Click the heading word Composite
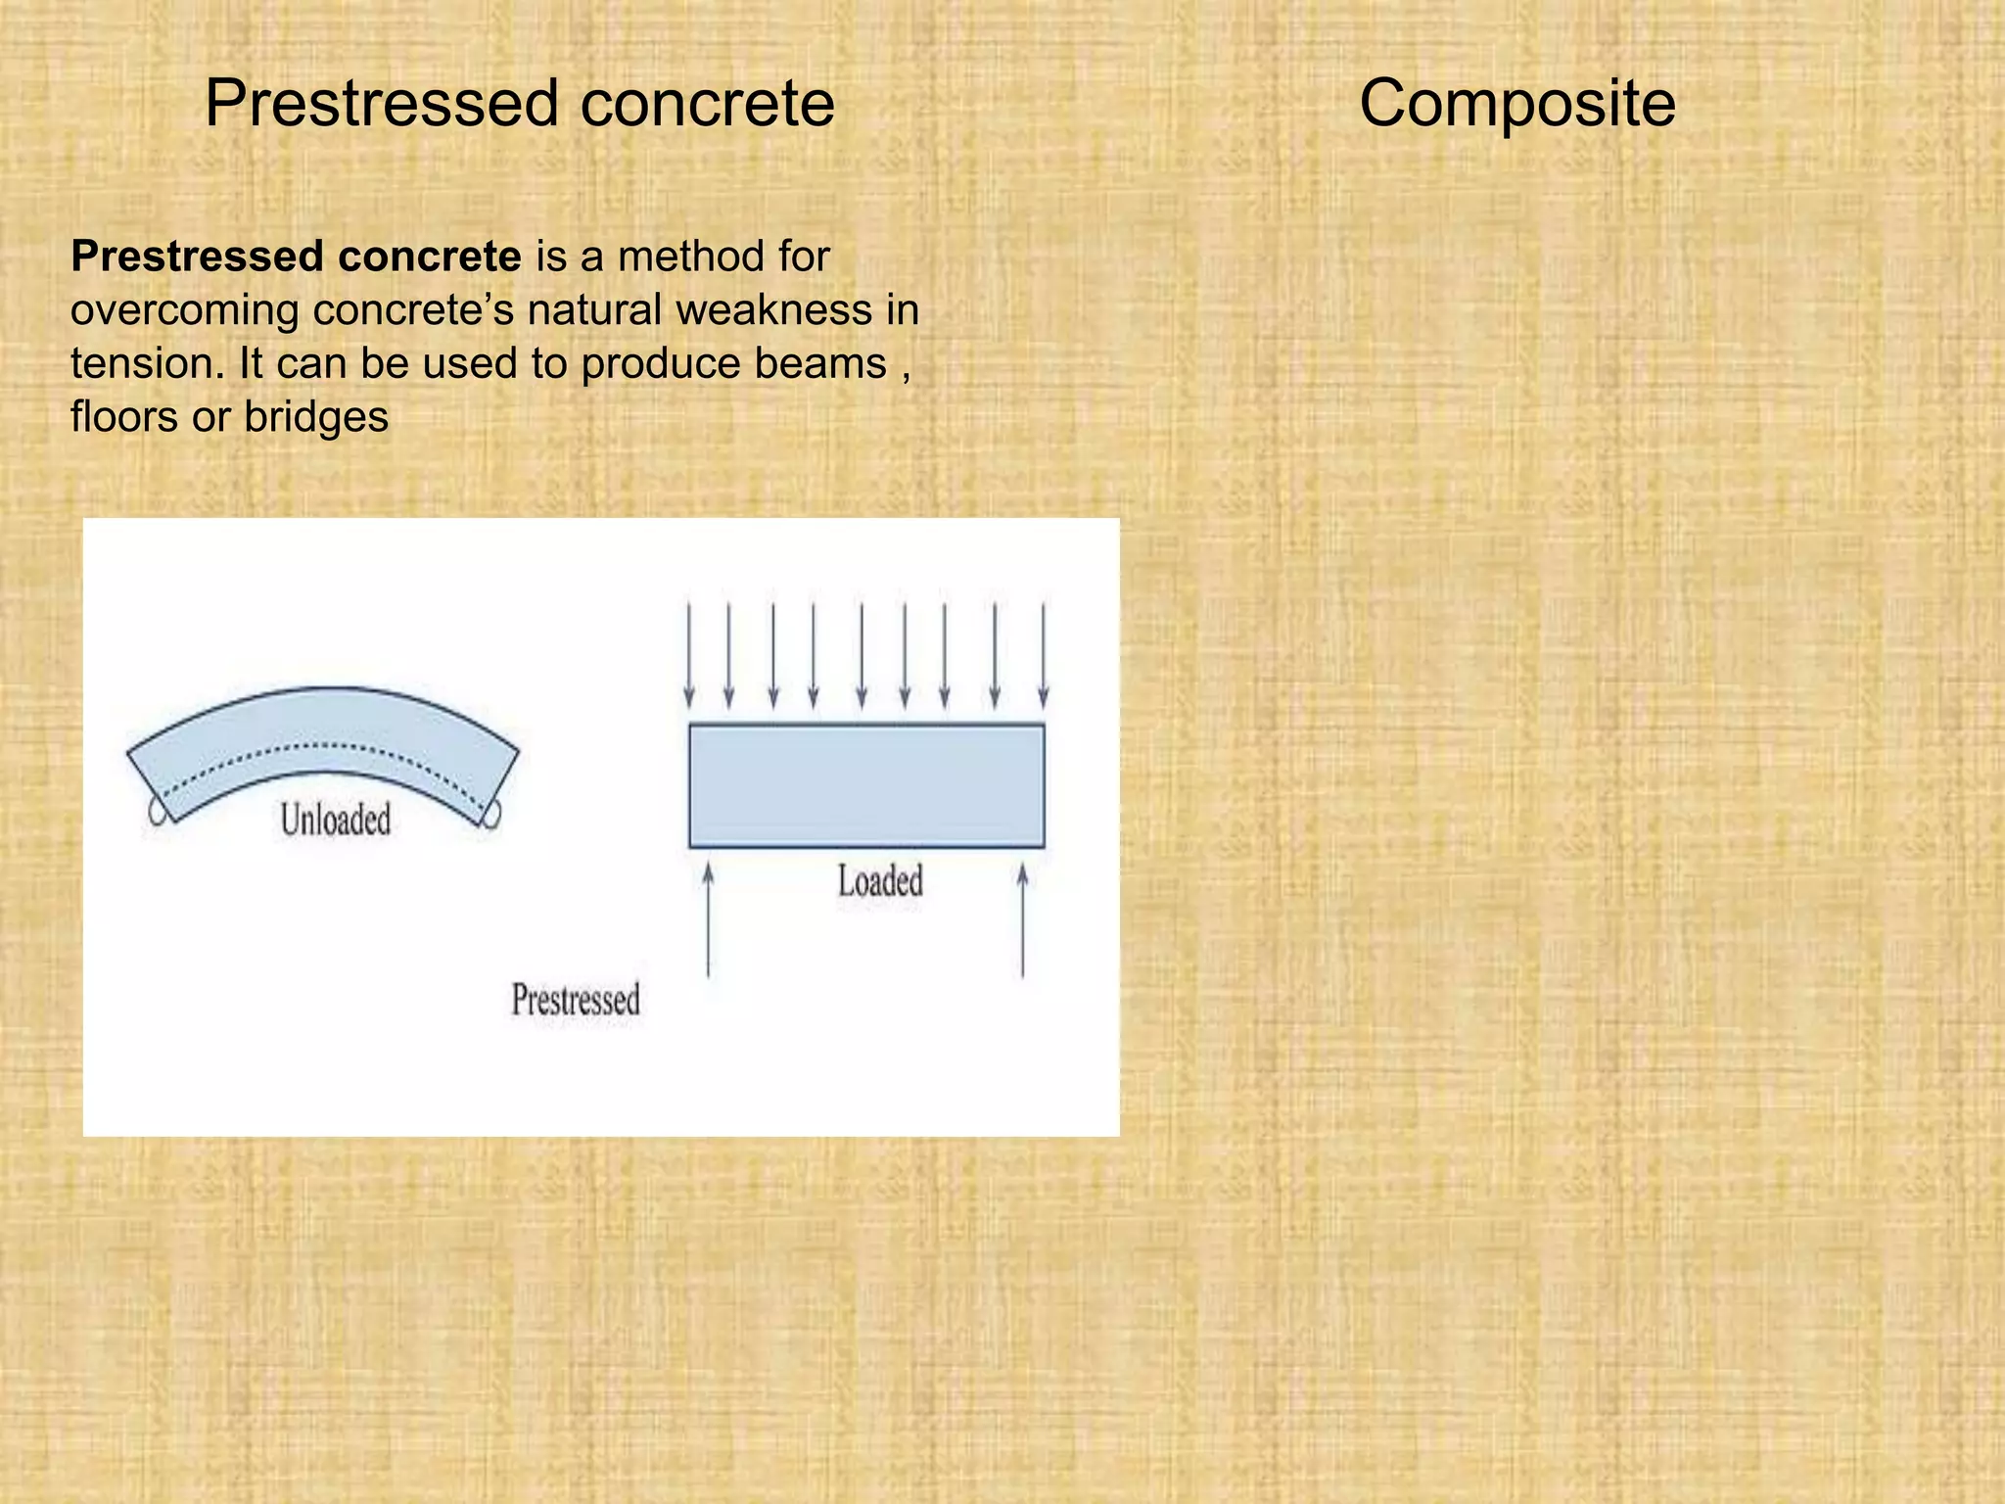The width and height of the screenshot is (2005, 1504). coord(1516,104)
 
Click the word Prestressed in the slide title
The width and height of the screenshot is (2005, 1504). coord(383,104)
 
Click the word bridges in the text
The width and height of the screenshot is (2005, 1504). coord(315,418)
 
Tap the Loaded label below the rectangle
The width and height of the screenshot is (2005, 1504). coord(879,881)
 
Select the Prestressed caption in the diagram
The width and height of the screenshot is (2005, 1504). coord(576,1000)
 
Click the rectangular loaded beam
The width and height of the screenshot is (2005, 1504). coord(866,785)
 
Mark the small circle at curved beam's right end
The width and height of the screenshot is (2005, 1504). coord(491,814)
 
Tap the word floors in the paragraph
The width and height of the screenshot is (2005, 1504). coord(123,418)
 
